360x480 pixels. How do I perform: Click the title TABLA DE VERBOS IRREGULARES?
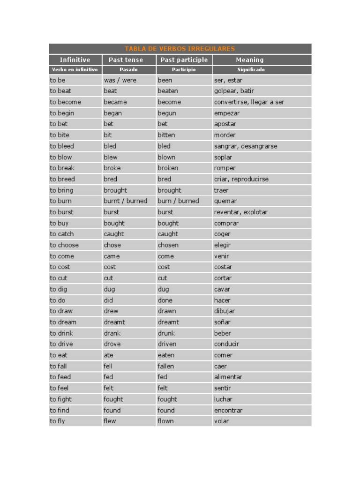[180, 49]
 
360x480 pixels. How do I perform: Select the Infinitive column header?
[75, 60]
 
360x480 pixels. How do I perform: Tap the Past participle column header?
[184, 60]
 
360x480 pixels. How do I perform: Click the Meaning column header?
[250, 60]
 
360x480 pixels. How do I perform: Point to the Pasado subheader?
[128, 70]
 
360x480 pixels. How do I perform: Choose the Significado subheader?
[251, 70]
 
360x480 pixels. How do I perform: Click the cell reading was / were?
[120, 80]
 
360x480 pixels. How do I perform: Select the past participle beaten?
[168, 91]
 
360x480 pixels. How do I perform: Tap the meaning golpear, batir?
[234, 91]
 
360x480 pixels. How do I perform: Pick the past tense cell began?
[112, 113]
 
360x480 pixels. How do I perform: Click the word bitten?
[166, 135]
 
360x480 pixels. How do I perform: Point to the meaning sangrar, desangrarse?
[246, 146]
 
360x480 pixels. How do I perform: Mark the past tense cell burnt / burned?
[125, 201]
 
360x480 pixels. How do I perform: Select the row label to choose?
[64, 245]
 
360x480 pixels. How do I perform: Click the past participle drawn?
[167, 311]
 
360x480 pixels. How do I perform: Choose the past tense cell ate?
[109, 355]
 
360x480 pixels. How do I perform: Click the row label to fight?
[61, 399]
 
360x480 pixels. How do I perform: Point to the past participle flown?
[165, 421]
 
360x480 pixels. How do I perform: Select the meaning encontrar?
[228, 410]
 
